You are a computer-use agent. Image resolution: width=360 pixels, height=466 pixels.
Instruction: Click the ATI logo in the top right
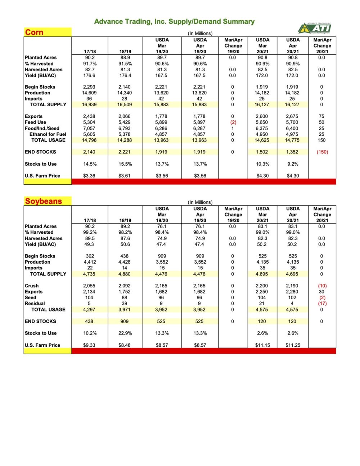pyautogui.click(x=315, y=28)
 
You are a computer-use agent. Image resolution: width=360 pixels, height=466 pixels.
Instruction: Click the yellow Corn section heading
pyautogui.click(x=34, y=32)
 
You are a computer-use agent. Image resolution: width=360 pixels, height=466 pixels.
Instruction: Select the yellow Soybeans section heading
pyautogui.click(x=43, y=201)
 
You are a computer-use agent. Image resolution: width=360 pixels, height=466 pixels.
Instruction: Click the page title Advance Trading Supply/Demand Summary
pyautogui.click(x=174, y=22)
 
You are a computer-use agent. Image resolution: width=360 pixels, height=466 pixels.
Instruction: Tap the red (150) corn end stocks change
pyautogui.click(x=322, y=152)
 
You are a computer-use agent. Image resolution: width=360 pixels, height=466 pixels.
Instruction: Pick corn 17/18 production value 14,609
pyautogui.click(x=89, y=93)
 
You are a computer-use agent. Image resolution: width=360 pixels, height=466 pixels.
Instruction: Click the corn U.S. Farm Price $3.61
pyautogui.click(x=125, y=176)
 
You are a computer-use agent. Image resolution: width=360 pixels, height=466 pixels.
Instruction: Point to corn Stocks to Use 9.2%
pyautogui.click(x=292, y=164)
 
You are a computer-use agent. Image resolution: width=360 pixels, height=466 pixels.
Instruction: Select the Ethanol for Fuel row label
pyautogui.click(x=48, y=134)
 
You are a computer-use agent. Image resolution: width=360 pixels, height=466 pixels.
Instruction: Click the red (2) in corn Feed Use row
pyautogui.click(x=233, y=122)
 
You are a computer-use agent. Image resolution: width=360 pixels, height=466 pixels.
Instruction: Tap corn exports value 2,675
pyautogui.click(x=292, y=116)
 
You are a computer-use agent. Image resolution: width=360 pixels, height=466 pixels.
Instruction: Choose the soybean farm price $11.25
pyautogui.click(x=293, y=345)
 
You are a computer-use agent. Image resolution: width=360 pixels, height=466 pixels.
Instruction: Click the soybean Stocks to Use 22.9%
pyautogui.click(x=125, y=333)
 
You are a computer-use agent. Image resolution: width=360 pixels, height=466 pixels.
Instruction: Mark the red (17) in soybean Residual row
pyautogui.click(x=322, y=303)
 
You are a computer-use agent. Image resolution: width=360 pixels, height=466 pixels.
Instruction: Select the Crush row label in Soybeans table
pyautogui.click(x=32, y=286)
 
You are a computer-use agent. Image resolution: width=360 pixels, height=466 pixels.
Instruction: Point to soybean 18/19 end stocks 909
pyautogui.click(x=125, y=321)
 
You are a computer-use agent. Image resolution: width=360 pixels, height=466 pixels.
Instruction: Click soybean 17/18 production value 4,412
pyautogui.click(x=90, y=262)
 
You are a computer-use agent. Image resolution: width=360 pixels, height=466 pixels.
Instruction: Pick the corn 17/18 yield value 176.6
pyautogui.click(x=89, y=75)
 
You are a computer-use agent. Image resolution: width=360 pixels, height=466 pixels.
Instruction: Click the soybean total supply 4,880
pyautogui.click(x=125, y=274)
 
